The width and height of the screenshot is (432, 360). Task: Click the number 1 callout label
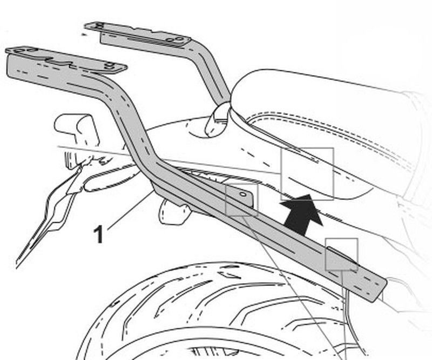tap(98, 234)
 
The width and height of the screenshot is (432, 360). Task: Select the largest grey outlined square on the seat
tap(307, 174)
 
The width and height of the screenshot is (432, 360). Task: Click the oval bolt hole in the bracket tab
tap(243, 194)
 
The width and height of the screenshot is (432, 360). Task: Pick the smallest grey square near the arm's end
tap(341, 255)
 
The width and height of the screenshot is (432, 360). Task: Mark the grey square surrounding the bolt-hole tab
tap(241, 199)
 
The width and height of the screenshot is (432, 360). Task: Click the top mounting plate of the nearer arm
tap(66, 60)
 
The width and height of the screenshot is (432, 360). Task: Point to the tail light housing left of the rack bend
tap(77, 130)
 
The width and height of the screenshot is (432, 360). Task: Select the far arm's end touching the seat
tap(218, 120)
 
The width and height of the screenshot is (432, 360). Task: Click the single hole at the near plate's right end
tap(110, 65)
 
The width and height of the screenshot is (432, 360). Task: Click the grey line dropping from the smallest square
tap(344, 315)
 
